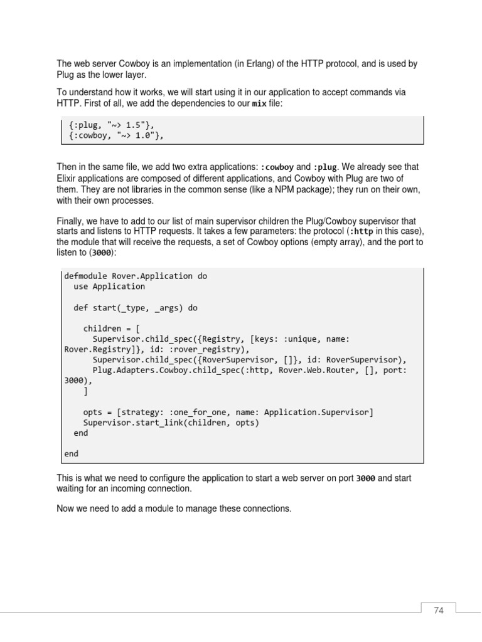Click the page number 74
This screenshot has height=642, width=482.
(438, 610)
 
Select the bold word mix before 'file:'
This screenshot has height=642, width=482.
(259, 103)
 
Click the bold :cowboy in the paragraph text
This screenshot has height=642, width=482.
(276, 167)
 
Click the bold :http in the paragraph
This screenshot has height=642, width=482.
(365, 231)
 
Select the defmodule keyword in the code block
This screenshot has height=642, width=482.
(85, 276)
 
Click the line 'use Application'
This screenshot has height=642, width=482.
(109, 287)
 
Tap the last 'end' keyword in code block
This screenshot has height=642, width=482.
(72, 453)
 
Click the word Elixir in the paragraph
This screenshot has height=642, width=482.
(68, 179)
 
